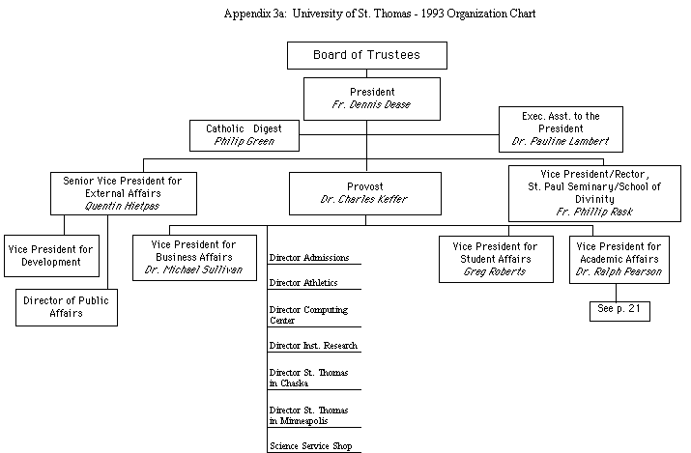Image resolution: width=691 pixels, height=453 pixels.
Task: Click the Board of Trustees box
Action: [366, 55]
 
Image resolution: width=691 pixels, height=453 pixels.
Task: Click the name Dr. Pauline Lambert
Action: [561, 142]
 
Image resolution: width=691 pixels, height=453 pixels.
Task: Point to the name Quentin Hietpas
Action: [122, 206]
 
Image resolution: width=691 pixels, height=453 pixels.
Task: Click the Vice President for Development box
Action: [50, 255]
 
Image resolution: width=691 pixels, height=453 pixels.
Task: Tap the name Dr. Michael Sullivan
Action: [193, 270]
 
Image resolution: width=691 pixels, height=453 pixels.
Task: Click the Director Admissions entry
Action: [308, 257]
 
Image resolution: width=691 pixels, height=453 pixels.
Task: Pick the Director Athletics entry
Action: [304, 282]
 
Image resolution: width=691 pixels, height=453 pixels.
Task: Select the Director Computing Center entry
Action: [308, 315]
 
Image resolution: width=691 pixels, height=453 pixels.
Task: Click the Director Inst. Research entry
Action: [313, 345]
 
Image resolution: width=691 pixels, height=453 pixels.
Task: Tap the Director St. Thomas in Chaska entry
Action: [308, 378]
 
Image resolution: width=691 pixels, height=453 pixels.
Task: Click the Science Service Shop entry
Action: [310, 446]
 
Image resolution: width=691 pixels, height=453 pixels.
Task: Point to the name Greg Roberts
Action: [495, 271]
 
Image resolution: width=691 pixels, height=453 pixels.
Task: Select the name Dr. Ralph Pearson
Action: [619, 271]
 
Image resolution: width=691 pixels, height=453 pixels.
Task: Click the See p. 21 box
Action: [619, 311]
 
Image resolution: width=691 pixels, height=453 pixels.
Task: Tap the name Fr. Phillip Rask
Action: [594, 212]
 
